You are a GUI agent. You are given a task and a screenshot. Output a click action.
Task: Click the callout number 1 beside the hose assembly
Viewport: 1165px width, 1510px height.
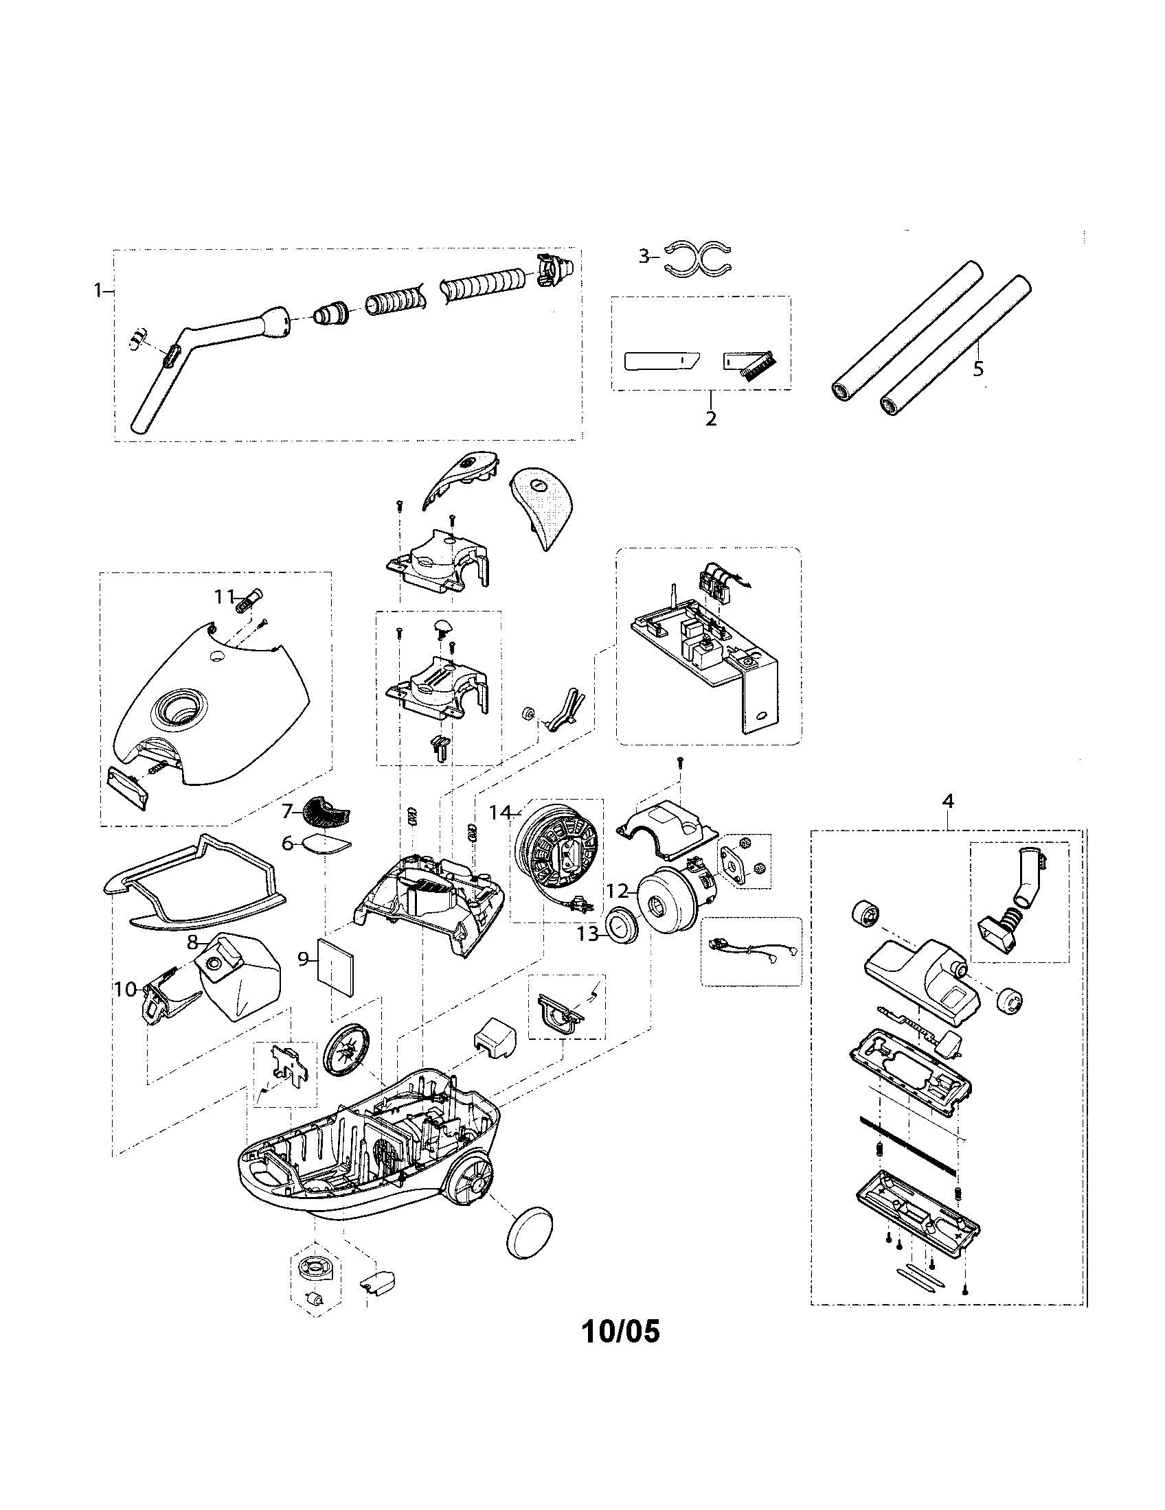click(98, 291)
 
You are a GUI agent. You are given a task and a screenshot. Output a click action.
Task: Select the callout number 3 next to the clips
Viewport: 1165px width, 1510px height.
click(644, 257)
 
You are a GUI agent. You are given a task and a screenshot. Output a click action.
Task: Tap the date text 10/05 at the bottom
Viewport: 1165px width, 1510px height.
click(620, 1330)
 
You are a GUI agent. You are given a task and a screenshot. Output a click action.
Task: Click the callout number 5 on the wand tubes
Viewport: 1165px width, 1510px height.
click(977, 369)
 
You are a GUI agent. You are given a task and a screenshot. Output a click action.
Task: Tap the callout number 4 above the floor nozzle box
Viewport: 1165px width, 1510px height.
click(947, 800)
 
